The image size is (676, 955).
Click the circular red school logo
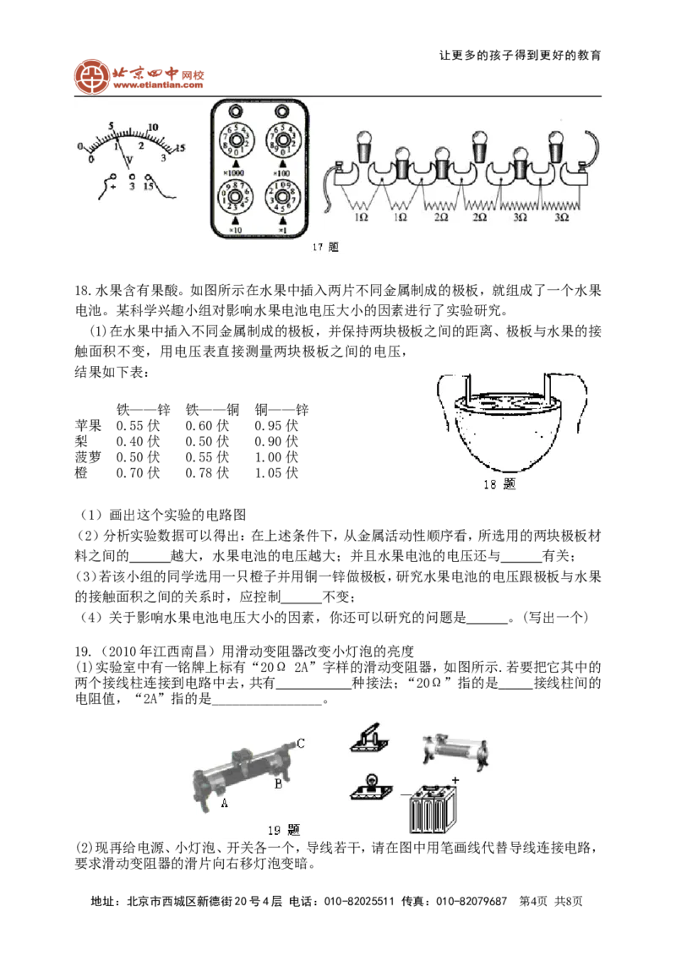[91, 77]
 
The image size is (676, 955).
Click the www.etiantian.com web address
[158, 86]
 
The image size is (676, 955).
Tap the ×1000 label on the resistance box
[234, 173]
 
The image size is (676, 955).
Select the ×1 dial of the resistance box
[281, 198]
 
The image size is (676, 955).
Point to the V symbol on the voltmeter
[129, 161]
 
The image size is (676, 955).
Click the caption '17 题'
[325, 247]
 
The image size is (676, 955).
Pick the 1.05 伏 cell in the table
[276, 472]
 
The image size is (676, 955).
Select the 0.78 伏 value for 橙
[207, 472]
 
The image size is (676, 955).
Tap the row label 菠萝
[88, 456]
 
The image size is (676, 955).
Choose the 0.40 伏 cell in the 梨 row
[139, 441]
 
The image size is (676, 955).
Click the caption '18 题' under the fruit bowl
[499, 484]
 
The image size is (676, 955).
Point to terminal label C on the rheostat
[300, 743]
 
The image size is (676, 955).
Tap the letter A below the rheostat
[224, 804]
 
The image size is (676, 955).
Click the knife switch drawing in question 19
[369, 739]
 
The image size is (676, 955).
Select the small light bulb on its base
[369, 786]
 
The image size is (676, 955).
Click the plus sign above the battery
[455, 779]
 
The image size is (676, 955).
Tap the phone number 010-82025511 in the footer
[359, 901]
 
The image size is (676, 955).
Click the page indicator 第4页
[533, 901]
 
